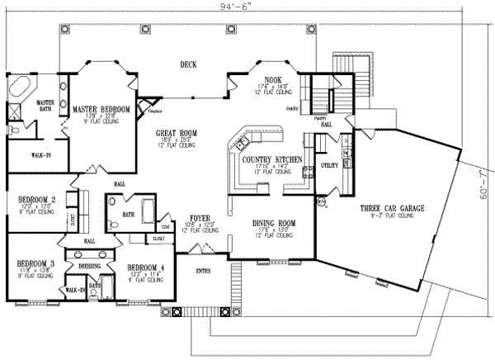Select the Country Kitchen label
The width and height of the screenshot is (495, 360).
click(x=266, y=159)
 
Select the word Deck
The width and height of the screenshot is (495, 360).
click(x=189, y=65)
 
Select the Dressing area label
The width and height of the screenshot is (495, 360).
click(x=89, y=267)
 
